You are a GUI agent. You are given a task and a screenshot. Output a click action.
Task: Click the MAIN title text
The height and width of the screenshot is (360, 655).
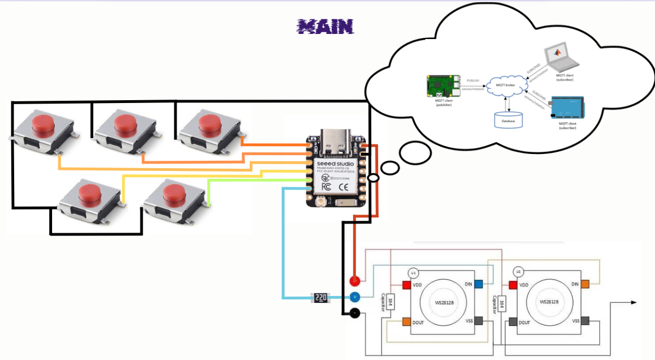(326, 26)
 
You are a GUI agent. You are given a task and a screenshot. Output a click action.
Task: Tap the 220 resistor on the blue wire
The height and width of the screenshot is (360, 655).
(320, 297)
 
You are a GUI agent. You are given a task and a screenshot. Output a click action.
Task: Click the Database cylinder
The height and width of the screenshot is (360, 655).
(509, 119)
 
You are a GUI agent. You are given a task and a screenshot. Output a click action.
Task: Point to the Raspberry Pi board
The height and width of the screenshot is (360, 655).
(442, 86)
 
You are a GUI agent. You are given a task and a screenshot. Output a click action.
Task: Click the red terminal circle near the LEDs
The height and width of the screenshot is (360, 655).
(354, 280)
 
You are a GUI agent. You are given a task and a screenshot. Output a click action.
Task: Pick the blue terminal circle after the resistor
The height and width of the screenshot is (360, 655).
(354, 297)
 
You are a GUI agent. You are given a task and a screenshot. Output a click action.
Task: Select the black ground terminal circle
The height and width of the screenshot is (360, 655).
(354, 312)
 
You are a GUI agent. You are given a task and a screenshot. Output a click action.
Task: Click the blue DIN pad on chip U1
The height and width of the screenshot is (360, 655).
(478, 284)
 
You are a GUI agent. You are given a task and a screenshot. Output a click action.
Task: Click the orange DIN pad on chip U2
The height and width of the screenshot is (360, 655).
(585, 284)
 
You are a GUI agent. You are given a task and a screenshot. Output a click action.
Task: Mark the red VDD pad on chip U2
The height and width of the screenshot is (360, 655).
(513, 285)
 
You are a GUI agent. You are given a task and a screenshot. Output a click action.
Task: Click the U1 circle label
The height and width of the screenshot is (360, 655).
(414, 272)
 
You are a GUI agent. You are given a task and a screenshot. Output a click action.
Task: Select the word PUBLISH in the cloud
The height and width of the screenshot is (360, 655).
(472, 81)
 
